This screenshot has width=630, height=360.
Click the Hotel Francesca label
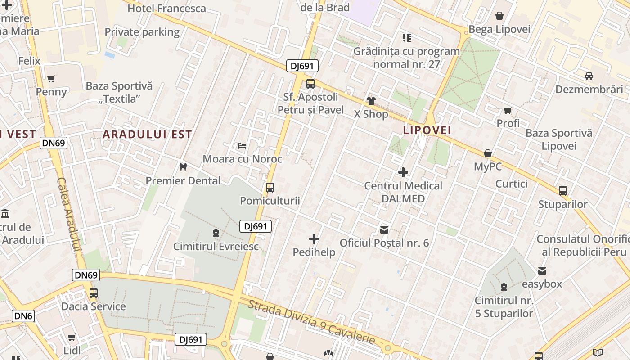[166, 8]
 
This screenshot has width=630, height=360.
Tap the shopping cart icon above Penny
[51, 79]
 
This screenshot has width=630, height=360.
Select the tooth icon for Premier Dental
[183, 167]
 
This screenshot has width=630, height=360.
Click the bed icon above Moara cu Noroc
[242, 145]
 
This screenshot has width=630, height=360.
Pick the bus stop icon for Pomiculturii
[270, 188]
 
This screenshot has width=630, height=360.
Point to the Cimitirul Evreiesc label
[216, 246]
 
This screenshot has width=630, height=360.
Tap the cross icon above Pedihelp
[314, 239]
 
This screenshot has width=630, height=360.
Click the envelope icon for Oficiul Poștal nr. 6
[384, 230]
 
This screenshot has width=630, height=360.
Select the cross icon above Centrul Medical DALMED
[403, 172]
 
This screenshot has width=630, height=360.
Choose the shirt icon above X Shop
[371, 100]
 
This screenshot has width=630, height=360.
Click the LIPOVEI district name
[427, 130]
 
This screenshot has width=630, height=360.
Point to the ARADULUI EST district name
[147, 134]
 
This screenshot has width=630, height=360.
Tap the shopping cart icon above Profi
[508, 110]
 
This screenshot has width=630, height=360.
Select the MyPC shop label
[487, 166]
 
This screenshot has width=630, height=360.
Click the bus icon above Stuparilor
[562, 191]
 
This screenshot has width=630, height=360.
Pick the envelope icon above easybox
[542, 271]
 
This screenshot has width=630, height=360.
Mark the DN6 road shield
[23, 316]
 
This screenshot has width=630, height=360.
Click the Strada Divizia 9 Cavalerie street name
[311, 322]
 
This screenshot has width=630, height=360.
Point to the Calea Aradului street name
[68, 213]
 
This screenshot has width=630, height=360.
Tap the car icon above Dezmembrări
[589, 76]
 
